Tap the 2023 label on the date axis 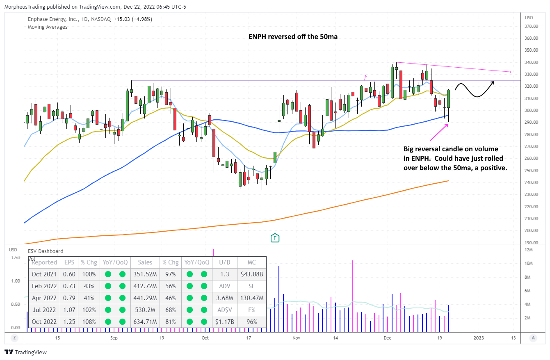[479, 338]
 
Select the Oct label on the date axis [205, 338]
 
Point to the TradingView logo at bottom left [25, 352]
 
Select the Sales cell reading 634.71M [145, 321]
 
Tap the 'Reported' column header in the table [44, 262]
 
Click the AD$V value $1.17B [224, 321]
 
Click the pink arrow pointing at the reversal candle [440, 131]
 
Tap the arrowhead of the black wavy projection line [493, 82]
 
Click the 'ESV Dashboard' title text [46, 251]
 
